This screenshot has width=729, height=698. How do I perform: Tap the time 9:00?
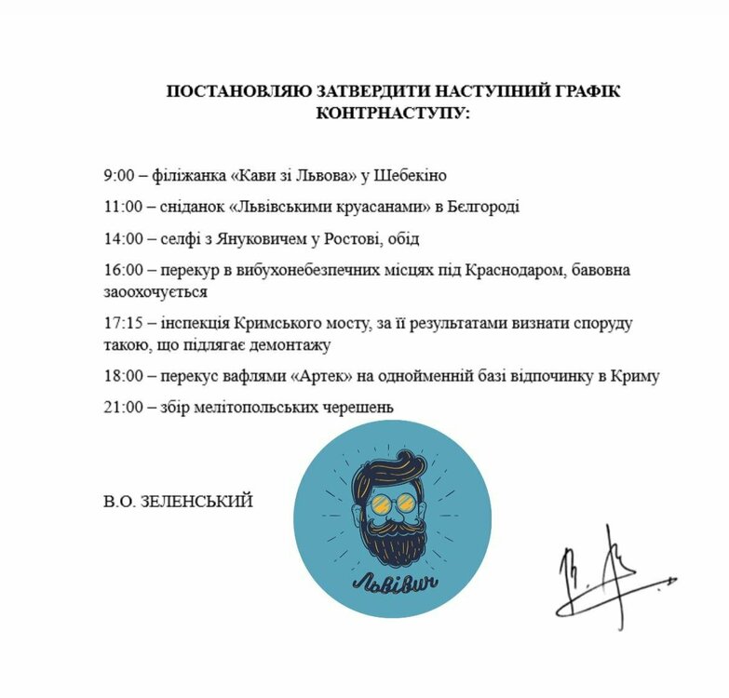(x=119, y=175)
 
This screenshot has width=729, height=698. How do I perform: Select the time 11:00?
(x=123, y=207)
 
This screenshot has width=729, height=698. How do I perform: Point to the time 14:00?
(x=123, y=238)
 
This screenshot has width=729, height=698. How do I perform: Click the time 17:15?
(x=123, y=324)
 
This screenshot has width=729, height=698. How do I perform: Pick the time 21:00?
(x=123, y=407)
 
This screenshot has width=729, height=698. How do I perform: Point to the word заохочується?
(x=155, y=292)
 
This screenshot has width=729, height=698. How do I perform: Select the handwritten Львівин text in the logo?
(x=392, y=585)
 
